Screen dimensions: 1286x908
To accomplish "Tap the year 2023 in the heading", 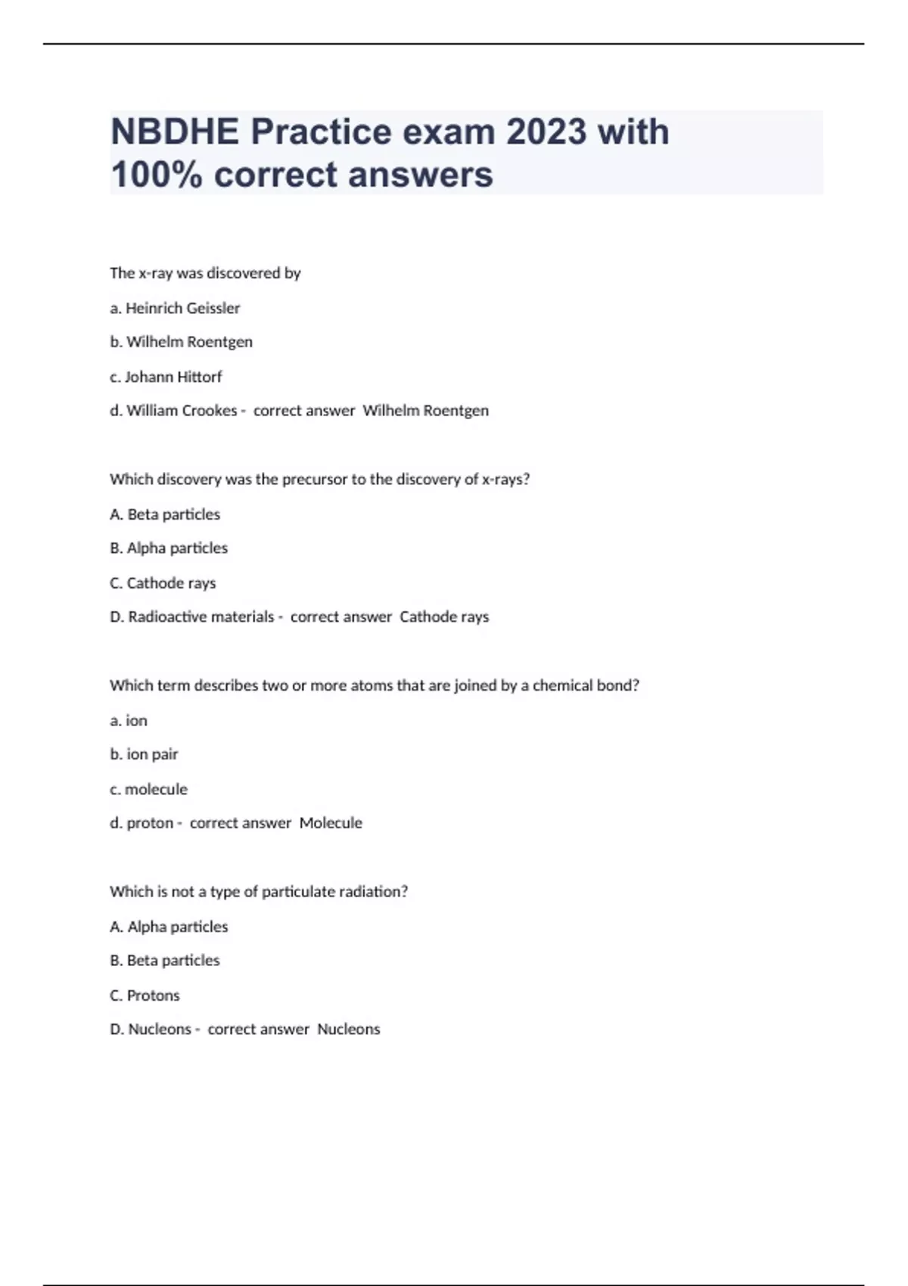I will (x=546, y=132).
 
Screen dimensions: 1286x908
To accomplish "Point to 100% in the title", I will (x=157, y=175).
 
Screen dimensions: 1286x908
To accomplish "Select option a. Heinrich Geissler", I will (x=175, y=308).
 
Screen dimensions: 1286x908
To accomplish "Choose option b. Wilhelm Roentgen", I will (x=181, y=342).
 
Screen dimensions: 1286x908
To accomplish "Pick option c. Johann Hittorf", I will (x=166, y=377).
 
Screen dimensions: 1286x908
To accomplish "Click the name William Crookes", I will (x=182, y=411).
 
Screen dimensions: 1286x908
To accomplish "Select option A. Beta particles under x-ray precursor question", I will (x=165, y=514).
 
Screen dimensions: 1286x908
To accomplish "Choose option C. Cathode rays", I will (x=163, y=583).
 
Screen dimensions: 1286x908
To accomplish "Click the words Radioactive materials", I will (x=201, y=617).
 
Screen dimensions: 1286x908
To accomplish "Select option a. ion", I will (x=129, y=721).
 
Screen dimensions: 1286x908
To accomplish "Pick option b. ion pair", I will (x=144, y=754).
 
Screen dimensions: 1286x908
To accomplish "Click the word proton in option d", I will (x=150, y=823).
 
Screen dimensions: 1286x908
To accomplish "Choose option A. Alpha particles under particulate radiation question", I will (x=169, y=927).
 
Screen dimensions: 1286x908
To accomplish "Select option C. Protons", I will (x=145, y=996).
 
